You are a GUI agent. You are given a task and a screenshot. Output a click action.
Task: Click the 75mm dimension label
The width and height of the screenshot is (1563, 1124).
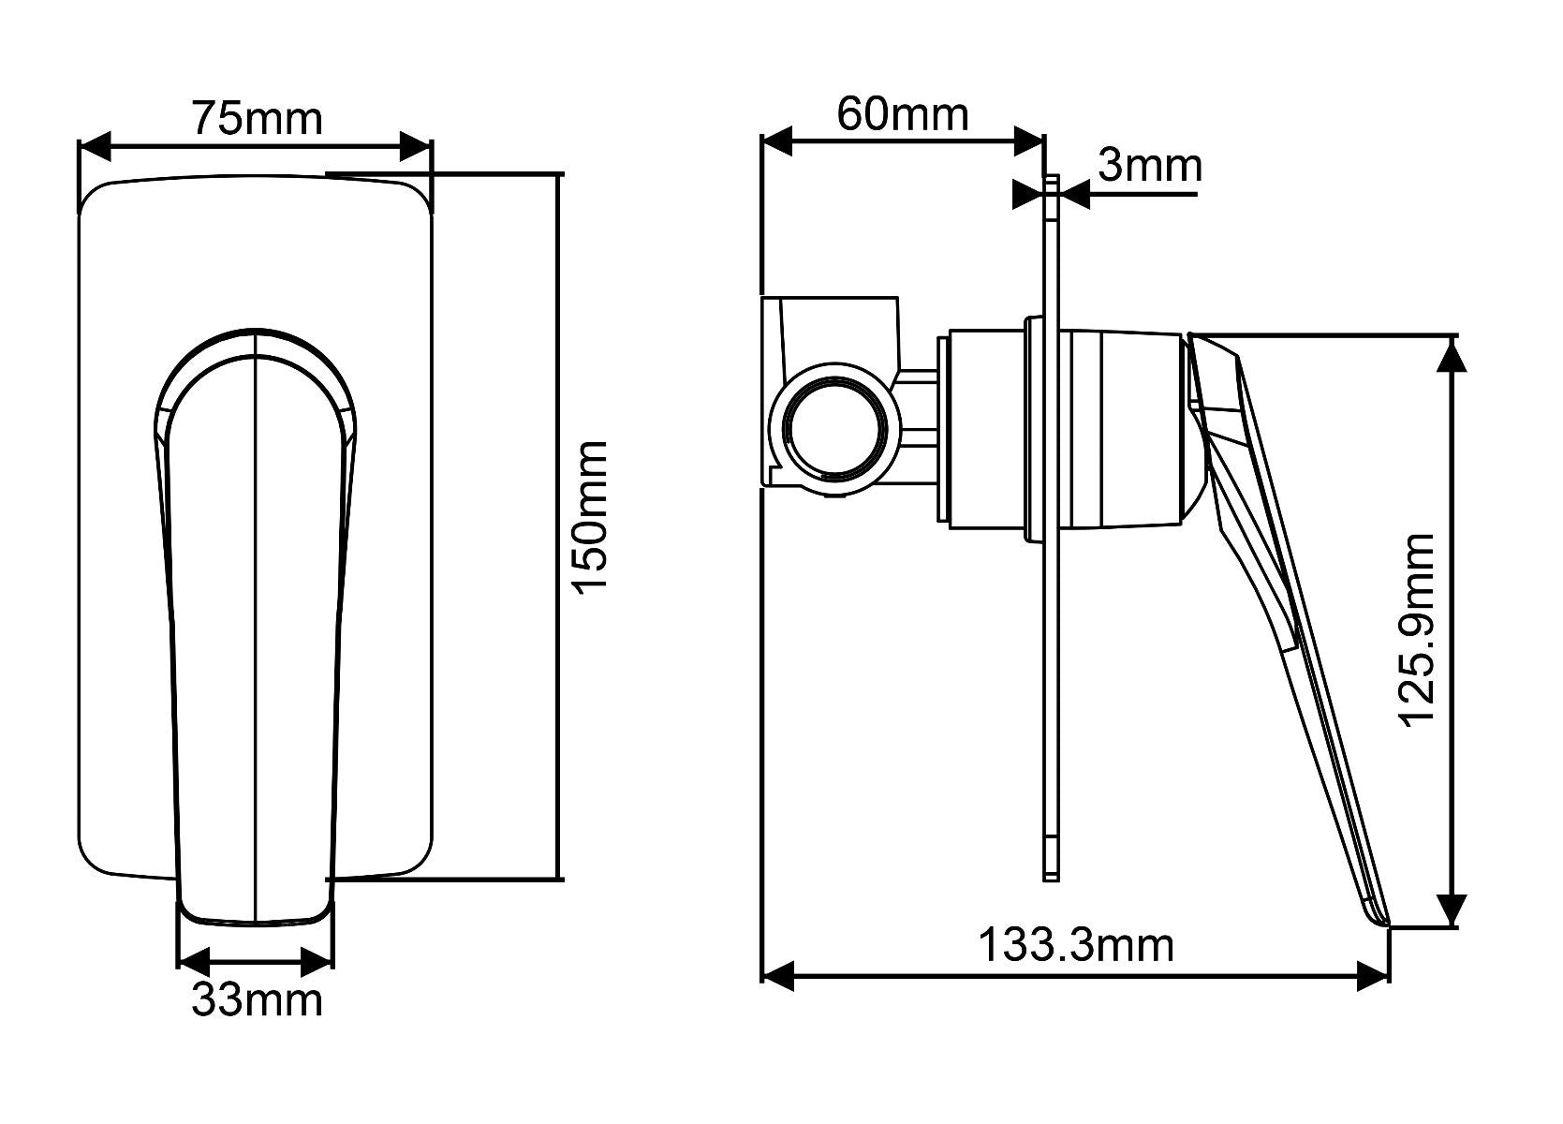(257, 119)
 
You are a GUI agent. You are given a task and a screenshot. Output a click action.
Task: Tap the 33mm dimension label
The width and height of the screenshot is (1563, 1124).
(257, 1000)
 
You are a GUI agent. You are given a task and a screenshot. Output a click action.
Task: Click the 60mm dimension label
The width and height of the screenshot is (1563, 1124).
(902, 114)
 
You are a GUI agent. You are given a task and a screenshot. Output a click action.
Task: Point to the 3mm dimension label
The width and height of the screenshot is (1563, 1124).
(1149, 167)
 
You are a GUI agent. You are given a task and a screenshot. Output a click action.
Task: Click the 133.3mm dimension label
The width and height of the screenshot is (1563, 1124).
(1075, 946)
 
